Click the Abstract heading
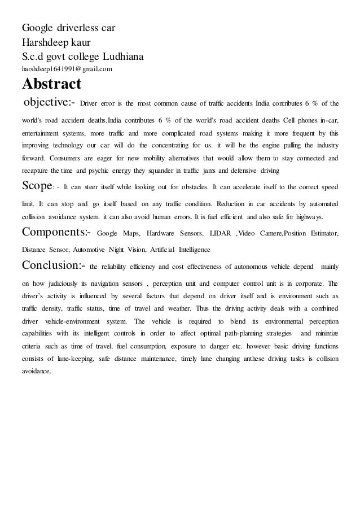[x=51, y=85]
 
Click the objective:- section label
[x=49, y=103]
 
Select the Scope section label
[x=37, y=185]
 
